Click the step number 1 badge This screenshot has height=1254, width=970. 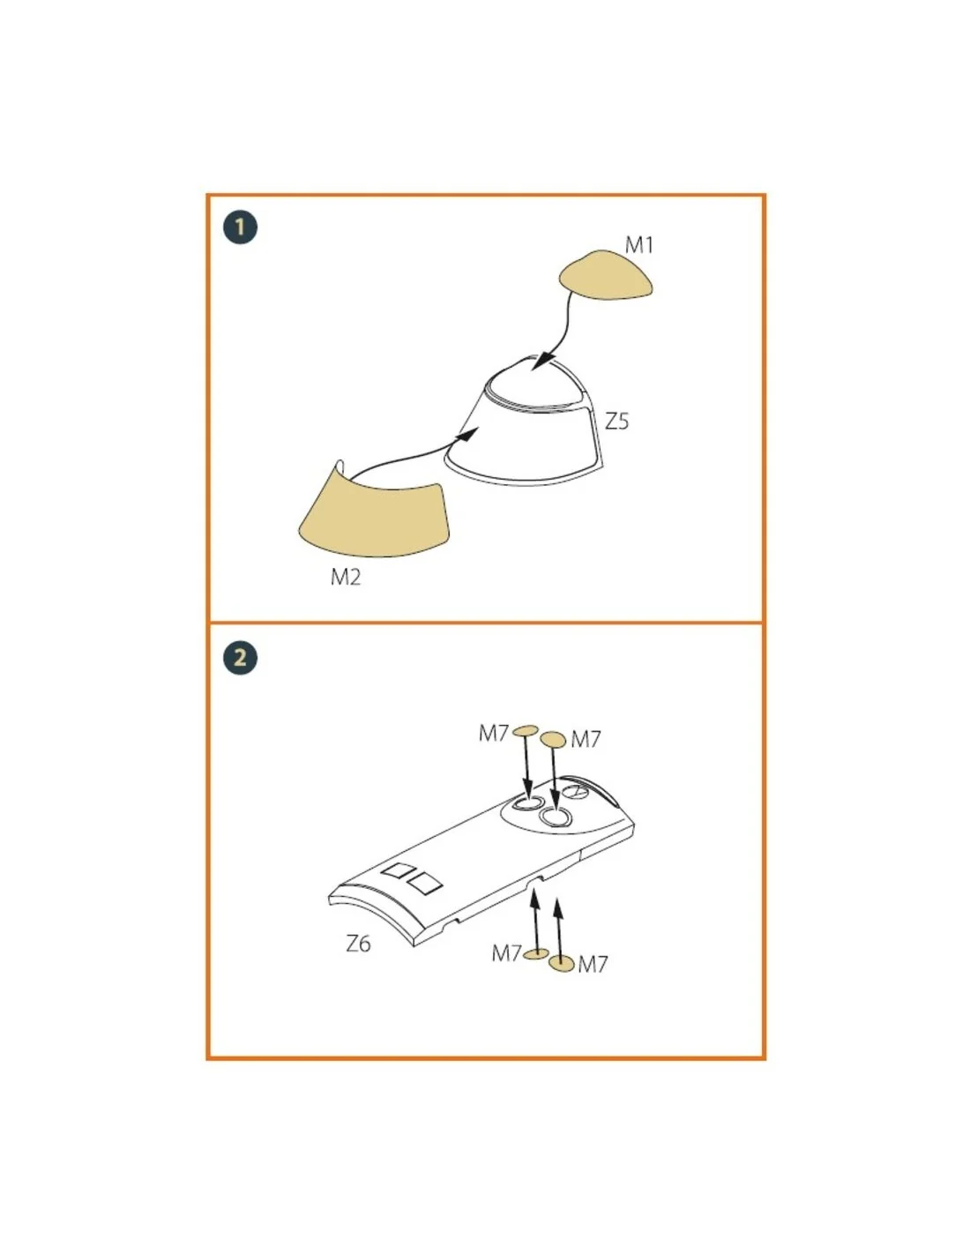[x=240, y=227]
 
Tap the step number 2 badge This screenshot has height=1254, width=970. [x=240, y=657]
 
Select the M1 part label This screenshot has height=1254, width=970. [x=639, y=245]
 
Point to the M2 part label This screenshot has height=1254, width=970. [x=346, y=577]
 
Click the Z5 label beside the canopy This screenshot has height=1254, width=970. [x=616, y=422]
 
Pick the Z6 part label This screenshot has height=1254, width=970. [x=358, y=944]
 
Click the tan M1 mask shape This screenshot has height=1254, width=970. [x=605, y=274]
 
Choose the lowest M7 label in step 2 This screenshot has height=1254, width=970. [x=593, y=964]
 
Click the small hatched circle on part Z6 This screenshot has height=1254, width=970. [x=575, y=792]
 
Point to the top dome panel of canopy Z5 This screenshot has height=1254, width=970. [x=533, y=384]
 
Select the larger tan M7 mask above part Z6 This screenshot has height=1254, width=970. [x=553, y=739]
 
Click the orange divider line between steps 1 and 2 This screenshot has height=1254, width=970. [x=485, y=623]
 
